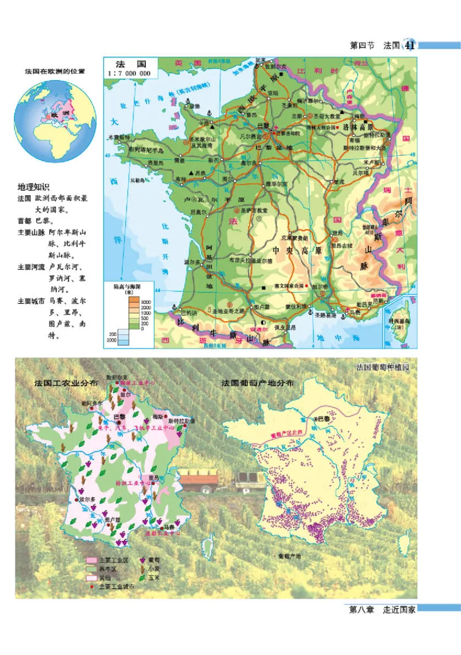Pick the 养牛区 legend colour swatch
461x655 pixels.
click(x=91, y=569)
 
